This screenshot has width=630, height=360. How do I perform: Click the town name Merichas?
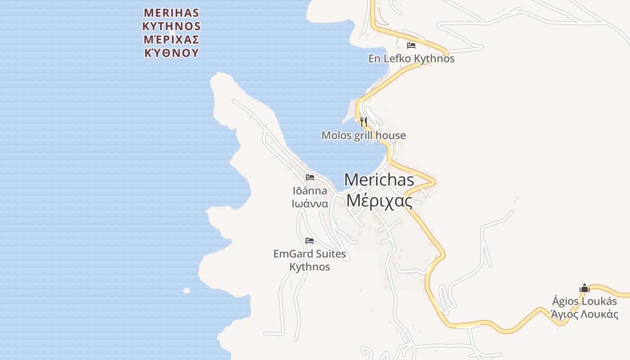point(379,180)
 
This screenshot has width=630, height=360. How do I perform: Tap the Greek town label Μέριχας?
point(379,200)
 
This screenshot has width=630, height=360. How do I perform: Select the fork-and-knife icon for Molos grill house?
point(364,121)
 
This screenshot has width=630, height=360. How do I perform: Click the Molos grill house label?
point(364,135)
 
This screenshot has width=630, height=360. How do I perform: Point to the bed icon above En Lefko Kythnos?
point(411,45)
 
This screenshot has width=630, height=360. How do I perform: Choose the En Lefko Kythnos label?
point(411,58)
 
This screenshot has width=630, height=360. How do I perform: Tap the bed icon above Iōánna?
point(310,177)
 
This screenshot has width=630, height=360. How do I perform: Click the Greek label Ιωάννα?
point(310,203)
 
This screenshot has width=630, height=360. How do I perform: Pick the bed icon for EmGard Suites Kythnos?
point(310,241)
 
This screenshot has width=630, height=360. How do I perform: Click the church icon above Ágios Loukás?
point(585,288)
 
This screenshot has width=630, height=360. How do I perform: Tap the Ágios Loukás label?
point(585,301)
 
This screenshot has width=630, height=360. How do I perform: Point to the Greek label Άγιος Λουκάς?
point(585,314)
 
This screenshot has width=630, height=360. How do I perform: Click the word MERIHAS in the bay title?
point(171,12)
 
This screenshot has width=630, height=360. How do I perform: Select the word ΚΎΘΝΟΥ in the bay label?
point(171,53)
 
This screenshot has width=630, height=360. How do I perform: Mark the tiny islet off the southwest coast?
point(186,291)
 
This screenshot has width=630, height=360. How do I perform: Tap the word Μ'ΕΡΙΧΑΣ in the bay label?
point(171,39)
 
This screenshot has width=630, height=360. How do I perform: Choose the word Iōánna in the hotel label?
point(310,191)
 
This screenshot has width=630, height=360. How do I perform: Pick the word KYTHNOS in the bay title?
point(171,26)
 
